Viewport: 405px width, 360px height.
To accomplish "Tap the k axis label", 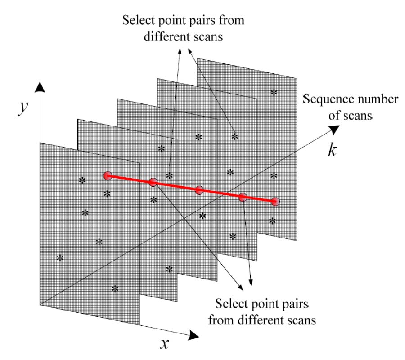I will click(332, 150).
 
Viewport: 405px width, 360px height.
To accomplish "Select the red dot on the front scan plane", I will click(107, 175).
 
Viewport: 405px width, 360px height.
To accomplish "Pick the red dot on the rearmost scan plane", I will click(275, 201).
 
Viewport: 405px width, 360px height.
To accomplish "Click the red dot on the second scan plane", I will click(153, 182).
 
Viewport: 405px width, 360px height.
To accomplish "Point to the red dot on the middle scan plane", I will click(199, 190).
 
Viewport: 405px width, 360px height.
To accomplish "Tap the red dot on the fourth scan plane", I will click(243, 197).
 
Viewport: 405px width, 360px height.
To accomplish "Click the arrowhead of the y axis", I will click(40, 87).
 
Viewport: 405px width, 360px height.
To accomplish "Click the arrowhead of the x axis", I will click(193, 335).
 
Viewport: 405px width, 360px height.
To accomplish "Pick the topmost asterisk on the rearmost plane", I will click(273, 92).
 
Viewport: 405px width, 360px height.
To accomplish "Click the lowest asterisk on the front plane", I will click(115, 288).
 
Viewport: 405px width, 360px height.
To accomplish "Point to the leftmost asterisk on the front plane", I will click(59, 258).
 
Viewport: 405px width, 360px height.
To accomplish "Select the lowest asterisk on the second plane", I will click(170, 269).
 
